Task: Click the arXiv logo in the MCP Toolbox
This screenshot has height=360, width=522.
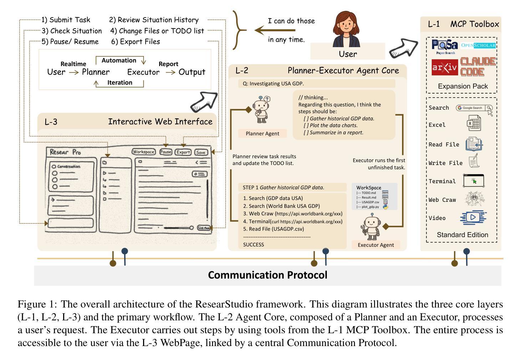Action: (x=444, y=67)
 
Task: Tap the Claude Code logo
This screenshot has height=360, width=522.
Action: (x=478, y=67)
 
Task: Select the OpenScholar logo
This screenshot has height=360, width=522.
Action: (x=478, y=45)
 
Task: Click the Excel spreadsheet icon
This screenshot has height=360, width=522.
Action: (x=474, y=124)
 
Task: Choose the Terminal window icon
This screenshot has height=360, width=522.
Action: (x=473, y=181)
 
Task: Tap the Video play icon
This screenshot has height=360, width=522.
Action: (x=473, y=217)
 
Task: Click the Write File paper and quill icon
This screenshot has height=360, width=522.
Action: (x=474, y=161)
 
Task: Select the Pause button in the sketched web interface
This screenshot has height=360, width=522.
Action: (x=166, y=152)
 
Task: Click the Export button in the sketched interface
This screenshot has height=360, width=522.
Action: (x=183, y=152)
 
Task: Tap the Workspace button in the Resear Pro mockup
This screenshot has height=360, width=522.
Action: (x=143, y=152)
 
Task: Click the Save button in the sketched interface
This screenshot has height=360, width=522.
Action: (x=201, y=152)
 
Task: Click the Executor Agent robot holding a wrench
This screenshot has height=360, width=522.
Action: (x=372, y=227)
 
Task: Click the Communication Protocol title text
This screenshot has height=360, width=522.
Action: (x=268, y=275)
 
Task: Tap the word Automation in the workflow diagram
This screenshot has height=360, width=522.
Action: (x=119, y=60)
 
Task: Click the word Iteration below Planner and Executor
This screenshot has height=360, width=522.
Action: (x=120, y=82)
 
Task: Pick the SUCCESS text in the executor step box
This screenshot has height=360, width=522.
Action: (x=254, y=245)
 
